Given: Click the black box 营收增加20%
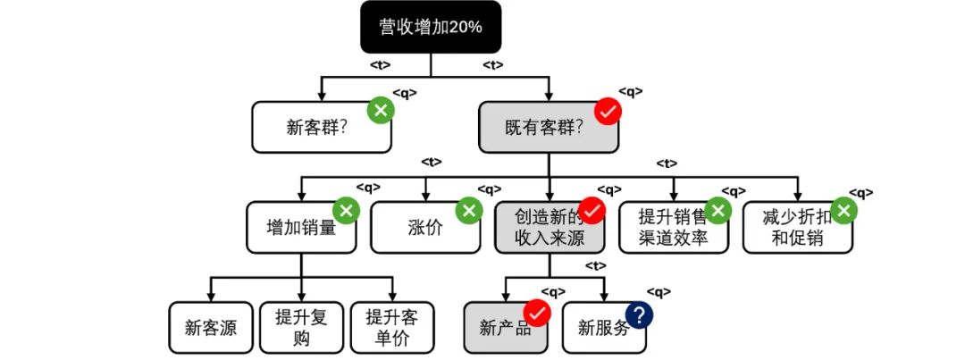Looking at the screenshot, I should coord(430,27).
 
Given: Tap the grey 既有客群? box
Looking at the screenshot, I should coord(547,127).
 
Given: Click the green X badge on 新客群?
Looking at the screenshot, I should coord(381,111).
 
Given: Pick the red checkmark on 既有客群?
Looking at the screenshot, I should coord(608,111).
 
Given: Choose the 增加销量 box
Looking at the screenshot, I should coord(300,227).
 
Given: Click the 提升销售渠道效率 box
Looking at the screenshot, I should coord(672,227).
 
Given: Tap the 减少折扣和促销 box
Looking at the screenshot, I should coord(796,227).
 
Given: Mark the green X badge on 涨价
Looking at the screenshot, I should coord(467,211).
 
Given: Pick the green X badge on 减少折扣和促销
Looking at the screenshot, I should coord(845,211).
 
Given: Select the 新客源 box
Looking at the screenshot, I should coord(211,328).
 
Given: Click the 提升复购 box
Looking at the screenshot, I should coord(300,328).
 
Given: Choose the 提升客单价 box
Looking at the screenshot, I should coord(391,328).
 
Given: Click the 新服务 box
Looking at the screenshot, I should coord(602,328).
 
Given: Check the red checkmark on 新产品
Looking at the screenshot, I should coord(537,313).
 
